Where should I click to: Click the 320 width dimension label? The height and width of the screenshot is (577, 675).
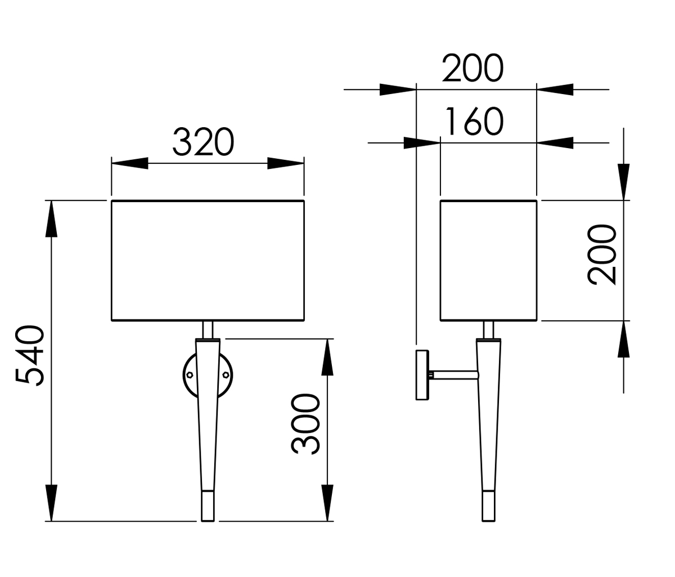pyautogui.click(x=203, y=142)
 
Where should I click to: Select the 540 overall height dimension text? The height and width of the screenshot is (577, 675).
pyautogui.click(x=30, y=356)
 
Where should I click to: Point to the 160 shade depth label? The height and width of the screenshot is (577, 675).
pyautogui.click(x=474, y=122)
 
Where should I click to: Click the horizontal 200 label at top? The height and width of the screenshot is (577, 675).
pyautogui.click(x=472, y=68)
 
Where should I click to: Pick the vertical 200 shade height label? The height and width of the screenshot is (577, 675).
pyautogui.click(x=602, y=254)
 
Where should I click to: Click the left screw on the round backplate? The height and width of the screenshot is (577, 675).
pyautogui.click(x=190, y=374)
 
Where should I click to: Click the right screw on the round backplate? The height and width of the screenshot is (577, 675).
pyautogui.click(x=226, y=374)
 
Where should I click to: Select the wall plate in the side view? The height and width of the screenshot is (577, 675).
pyautogui.click(x=422, y=374)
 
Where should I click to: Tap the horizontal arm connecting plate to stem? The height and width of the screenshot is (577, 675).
pyautogui.click(x=453, y=374)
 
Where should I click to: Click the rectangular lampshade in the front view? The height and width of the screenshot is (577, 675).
pyautogui.click(x=208, y=260)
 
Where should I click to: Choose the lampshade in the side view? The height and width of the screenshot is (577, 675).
pyautogui.click(x=488, y=260)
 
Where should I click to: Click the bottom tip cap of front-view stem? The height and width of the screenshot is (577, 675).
pyautogui.click(x=208, y=506)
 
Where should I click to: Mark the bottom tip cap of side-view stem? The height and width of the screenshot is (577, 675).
pyautogui.click(x=488, y=506)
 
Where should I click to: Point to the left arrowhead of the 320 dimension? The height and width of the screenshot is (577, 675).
pyautogui.click(x=129, y=163)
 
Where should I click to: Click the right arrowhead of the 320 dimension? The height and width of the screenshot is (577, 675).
pyautogui.click(x=286, y=163)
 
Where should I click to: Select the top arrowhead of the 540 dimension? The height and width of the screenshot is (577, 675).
pyautogui.click(x=51, y=218)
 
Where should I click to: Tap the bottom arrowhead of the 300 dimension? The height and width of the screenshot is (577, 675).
pyautogui.click(x=327, y=503)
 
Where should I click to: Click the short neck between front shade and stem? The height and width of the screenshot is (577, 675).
pyautogui.click(x=208, y=330)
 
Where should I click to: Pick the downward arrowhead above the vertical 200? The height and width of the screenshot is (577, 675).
pyautogui.click(x=623, y=181)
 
